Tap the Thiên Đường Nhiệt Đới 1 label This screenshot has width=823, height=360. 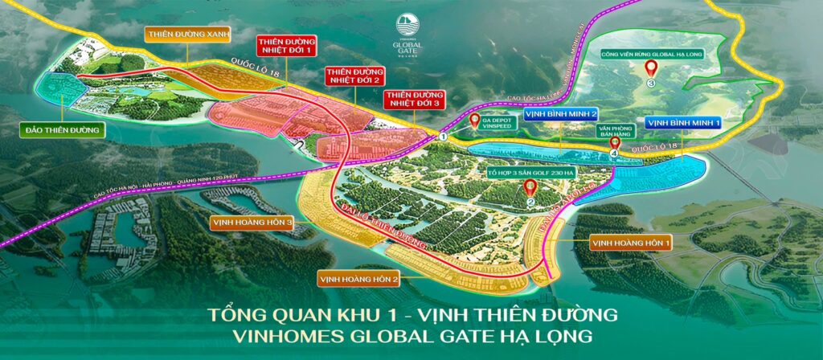point(283,47)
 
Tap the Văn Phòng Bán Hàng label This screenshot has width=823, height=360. point(616,131)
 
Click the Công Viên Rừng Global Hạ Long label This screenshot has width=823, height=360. point(651,55)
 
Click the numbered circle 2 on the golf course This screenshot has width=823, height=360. point(530,202)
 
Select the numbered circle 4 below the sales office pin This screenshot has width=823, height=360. point(614,153)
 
